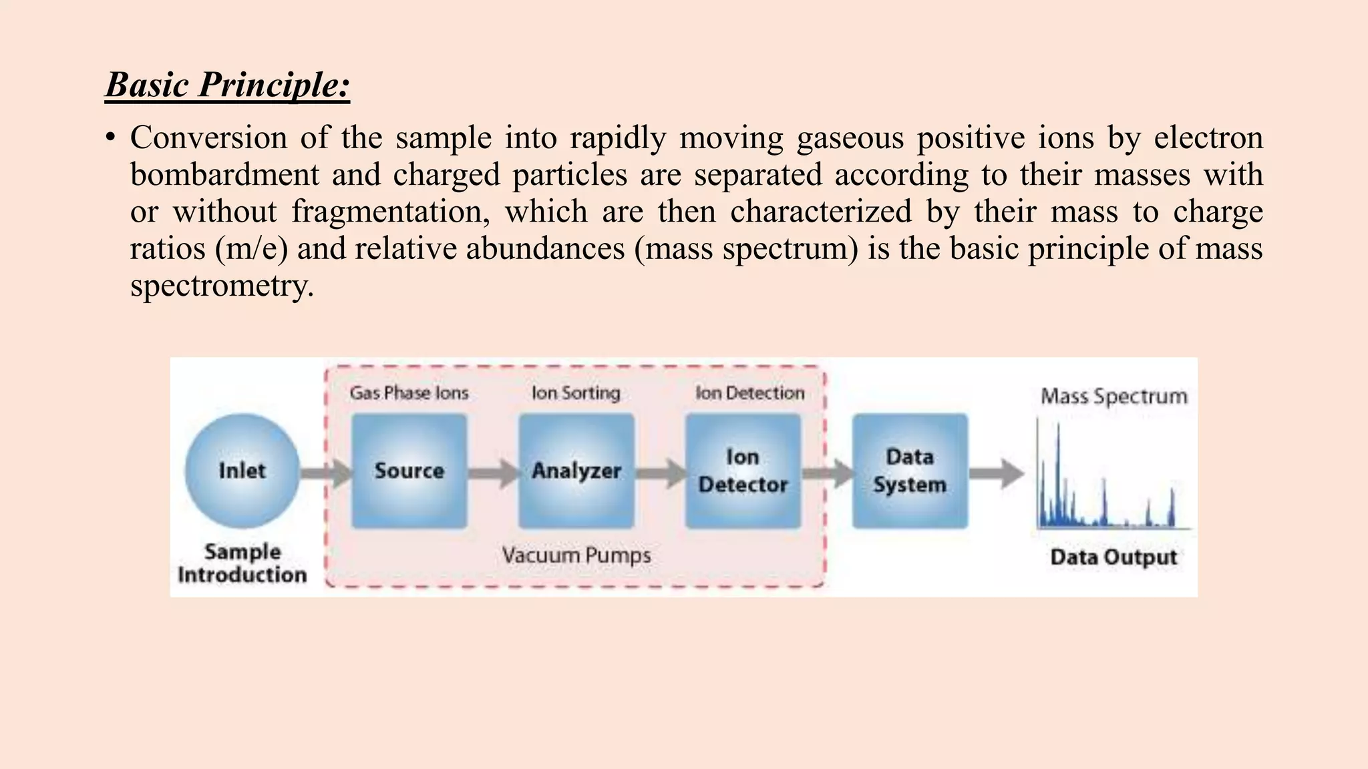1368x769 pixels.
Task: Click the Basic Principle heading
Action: click(227, 85)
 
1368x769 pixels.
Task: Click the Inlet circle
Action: click(242, 471)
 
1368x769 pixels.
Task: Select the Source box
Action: click(409, 471)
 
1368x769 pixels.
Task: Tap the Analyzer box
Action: click(576, 471)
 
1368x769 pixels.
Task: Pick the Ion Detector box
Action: click(743, 471)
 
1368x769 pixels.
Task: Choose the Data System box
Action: click(910, 471)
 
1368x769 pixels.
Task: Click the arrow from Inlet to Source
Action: click(326, 473)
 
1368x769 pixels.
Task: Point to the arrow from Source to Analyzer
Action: click(493, 473)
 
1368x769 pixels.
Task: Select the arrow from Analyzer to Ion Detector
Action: click(660, 473)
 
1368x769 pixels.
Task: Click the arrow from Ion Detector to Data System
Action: click(827, 473)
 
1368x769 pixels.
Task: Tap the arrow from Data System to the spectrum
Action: click(995, 473)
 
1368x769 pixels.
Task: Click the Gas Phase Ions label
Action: click(409, 393)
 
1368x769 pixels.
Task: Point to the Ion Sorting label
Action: click(576, 393)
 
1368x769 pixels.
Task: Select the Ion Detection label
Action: click(749, 393)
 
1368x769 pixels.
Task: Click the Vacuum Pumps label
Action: click(576, 555)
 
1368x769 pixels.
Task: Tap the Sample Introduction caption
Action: click(242, 563)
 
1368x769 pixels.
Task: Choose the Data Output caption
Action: click(1114, 557)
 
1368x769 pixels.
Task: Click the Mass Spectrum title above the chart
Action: click(1114, 397)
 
